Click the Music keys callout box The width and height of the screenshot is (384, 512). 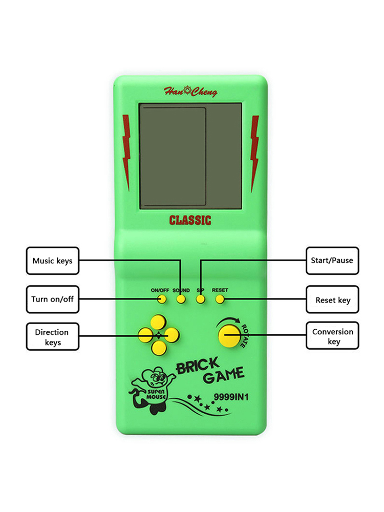52,261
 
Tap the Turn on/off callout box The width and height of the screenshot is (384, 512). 52,299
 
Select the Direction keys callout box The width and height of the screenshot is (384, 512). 52,336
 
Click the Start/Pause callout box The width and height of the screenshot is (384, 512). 332,261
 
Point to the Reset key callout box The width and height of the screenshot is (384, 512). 332,300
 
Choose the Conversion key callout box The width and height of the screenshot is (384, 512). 332,336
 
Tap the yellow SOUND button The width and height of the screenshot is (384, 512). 181,300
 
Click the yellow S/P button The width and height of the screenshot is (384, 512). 201,300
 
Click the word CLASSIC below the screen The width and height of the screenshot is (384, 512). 190,221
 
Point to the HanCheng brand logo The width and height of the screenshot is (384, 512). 190,92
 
